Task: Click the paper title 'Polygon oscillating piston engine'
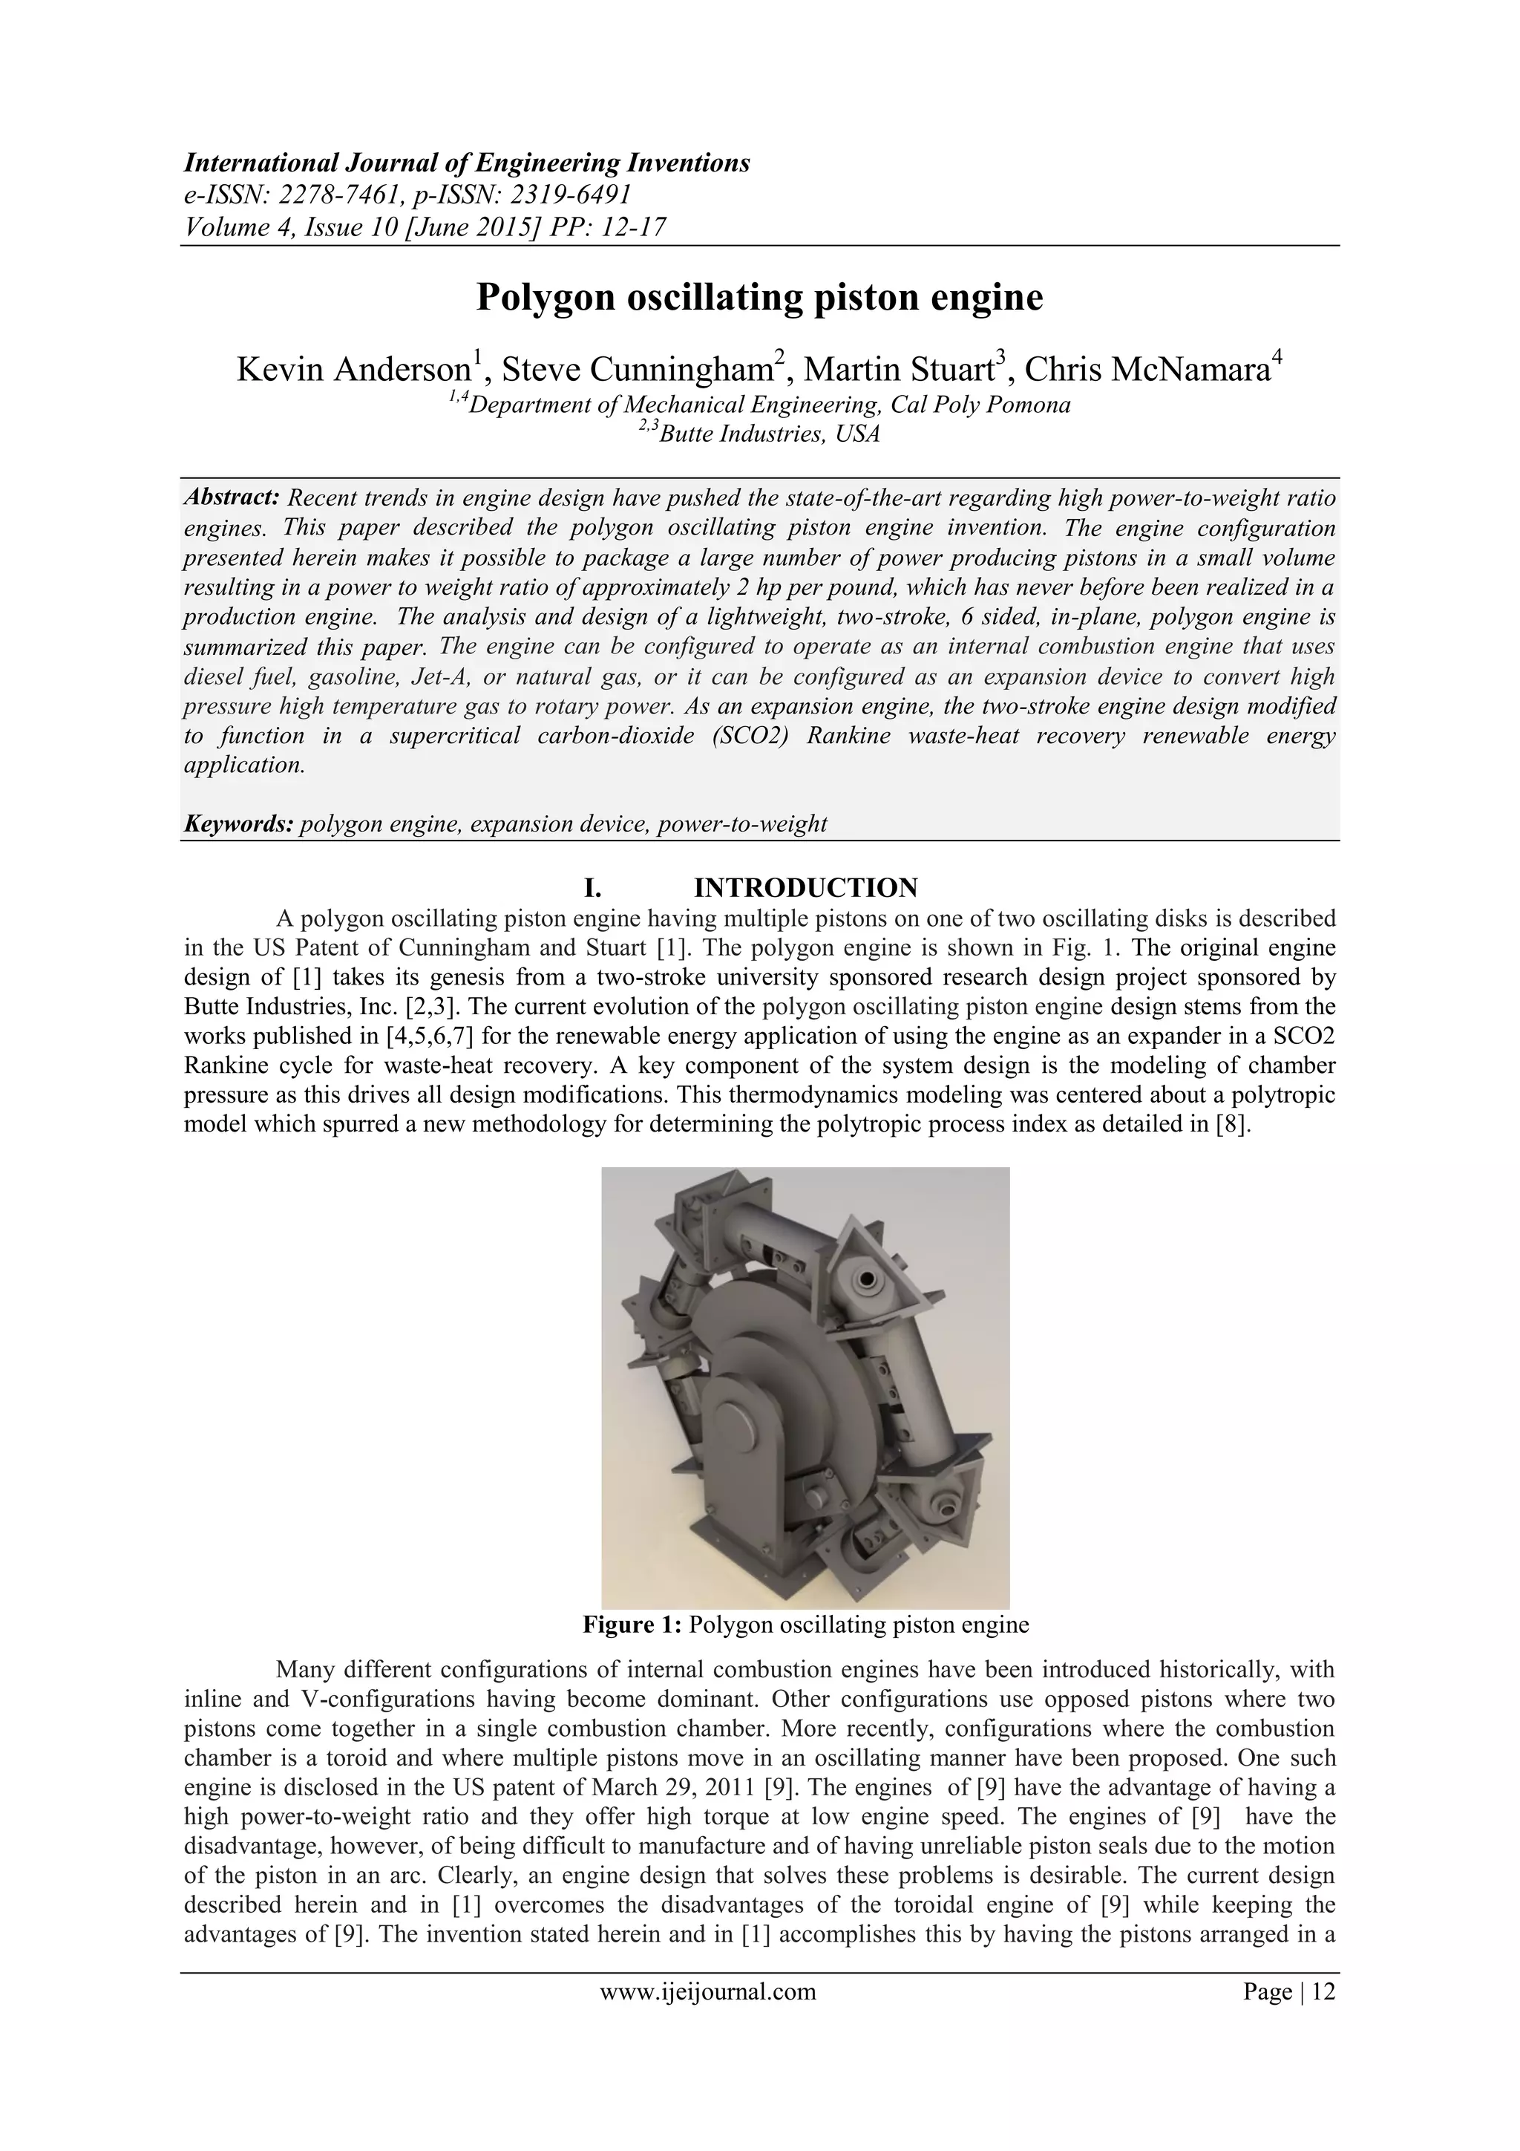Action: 759,298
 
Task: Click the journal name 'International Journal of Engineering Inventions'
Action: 466,163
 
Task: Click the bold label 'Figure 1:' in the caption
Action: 632,1625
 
